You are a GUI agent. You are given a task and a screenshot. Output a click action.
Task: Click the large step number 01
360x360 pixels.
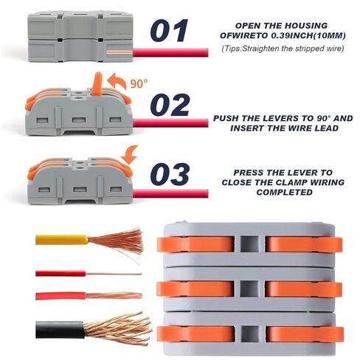tap(169, 31)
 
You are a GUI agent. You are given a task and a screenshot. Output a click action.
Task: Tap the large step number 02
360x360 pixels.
tap(170, 105)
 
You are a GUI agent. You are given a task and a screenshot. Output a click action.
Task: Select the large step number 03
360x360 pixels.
tap(170, 174)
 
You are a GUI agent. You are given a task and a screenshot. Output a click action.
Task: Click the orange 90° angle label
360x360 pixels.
tap(139, 83)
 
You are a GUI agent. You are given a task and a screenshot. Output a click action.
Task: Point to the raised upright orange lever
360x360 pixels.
tap(97, 83)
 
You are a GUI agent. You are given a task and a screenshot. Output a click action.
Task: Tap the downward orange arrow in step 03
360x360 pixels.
tap(130, 155)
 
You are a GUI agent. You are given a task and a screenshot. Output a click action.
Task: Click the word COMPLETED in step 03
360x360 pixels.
tap(285, 193)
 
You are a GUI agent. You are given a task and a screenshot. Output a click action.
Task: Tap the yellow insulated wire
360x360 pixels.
tap(61, 240)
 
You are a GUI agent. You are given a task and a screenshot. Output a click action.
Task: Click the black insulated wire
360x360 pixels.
tap(60, 330)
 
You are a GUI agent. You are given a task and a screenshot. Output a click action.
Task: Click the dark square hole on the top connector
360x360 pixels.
tap(249, 244)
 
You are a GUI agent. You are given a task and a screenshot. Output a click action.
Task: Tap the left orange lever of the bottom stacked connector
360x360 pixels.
tap(195, 334)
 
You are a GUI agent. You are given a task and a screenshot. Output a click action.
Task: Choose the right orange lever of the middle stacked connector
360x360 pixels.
tap(304, 288)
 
